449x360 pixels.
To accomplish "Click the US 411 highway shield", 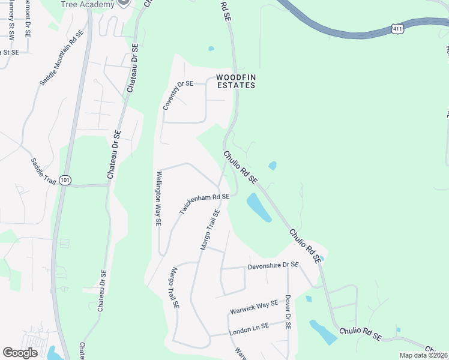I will pos(397,29).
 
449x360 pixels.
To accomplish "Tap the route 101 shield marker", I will pos(65,179).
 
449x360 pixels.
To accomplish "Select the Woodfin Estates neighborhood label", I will pos(236,81).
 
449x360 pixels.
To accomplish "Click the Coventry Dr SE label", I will pos(178,95).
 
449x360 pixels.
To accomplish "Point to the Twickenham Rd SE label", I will pos(204,205).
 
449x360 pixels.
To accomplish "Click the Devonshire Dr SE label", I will pos(273,265).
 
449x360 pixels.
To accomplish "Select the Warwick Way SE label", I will pos(255,308).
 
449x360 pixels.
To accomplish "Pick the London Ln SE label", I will pos(256,328).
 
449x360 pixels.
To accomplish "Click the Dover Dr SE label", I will pos(288,313).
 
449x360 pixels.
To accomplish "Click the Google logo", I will pos(20,353).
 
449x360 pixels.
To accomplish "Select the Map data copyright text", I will pos(423,355).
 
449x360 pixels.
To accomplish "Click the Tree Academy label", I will pos(88,5).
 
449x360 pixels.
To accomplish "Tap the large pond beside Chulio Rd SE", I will pos(259,208).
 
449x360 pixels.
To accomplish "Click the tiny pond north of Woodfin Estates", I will pos(211,49).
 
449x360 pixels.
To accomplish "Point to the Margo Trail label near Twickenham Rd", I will pos(208,234).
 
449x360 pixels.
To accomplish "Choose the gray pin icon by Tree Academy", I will pos(124,2).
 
